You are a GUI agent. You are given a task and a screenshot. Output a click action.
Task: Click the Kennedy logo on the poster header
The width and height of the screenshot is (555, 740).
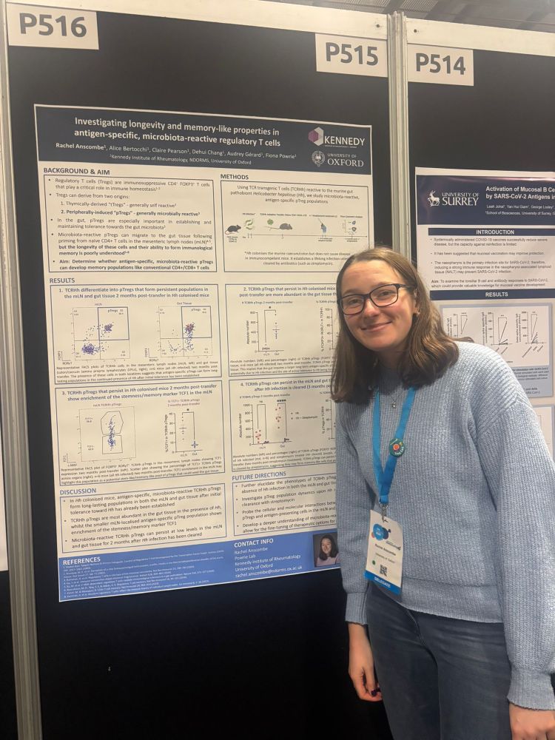[337, 138]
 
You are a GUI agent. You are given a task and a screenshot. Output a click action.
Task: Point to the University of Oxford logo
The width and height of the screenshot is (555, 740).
[338, 158]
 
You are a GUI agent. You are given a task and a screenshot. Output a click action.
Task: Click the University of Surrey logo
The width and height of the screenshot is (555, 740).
[454, 198]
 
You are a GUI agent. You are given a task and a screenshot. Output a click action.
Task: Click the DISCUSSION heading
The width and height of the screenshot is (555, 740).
[78, 491]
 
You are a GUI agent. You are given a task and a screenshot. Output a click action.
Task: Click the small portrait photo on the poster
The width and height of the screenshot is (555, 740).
[326, 550]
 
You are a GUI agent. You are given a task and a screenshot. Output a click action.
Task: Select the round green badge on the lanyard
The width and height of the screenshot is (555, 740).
[397, 447]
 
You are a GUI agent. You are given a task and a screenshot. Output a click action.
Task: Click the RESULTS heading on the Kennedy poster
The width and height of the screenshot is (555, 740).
[62, 280]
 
